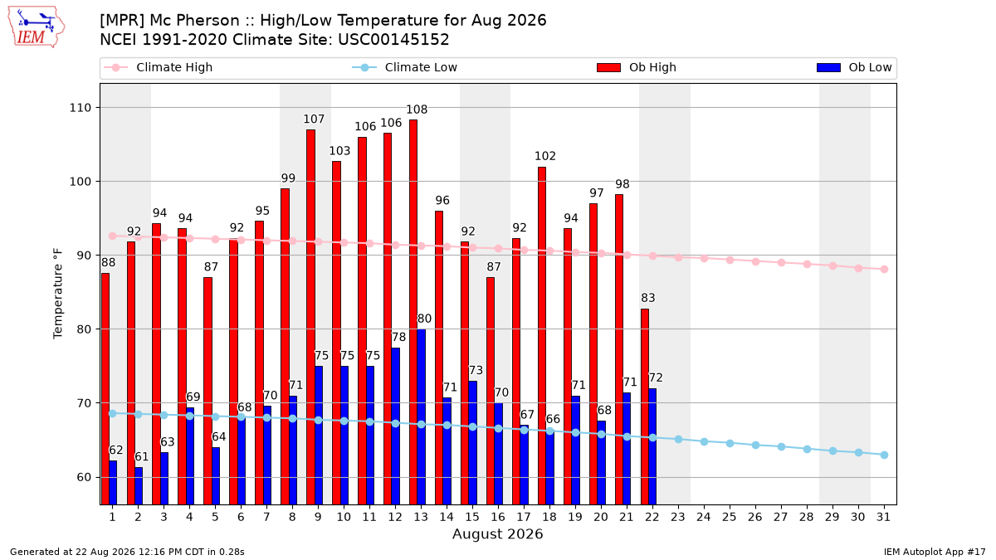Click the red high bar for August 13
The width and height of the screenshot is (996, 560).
[413, 312]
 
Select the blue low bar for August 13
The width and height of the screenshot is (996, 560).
[421, 416]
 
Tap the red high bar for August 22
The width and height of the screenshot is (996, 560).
[645, 407]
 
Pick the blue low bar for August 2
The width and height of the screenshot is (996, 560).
[139, 486]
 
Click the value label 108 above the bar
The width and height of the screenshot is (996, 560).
[417, 110]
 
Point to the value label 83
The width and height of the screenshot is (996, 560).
[648, 298]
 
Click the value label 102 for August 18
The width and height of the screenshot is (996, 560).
[545, 156]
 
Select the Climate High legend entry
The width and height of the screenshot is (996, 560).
[159, 67]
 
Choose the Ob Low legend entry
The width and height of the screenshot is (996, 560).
[854, 67]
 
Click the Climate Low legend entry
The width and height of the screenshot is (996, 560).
[405, 67]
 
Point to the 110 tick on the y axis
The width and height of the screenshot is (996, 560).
[80, 108]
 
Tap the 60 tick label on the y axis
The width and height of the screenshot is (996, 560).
[84, 477]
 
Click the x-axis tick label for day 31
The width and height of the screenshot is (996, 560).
[883, 517]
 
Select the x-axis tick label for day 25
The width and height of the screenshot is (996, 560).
[730, 517]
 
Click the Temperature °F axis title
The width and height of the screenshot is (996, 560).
[58, 294]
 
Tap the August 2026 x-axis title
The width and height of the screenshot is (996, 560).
[497, 533]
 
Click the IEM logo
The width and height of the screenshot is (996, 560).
[37, 27]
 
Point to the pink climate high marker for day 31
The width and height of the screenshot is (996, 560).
[884, 270]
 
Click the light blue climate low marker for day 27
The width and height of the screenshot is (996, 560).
[781, 446]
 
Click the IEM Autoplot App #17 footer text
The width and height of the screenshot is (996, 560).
[935, 552]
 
